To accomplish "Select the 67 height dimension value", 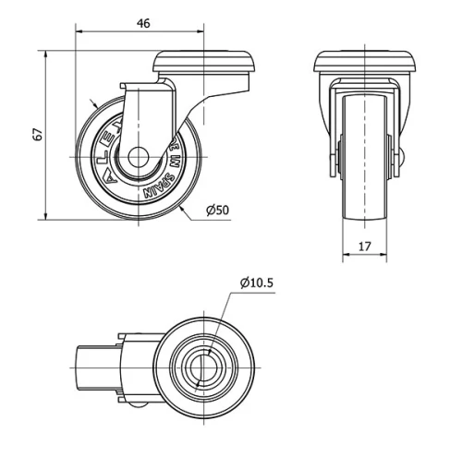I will (x=38, y=135).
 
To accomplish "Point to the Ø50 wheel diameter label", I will (x=217, y=210).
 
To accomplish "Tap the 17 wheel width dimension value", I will (x=363, y=247).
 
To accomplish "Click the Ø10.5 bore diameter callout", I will (x=256, y=283).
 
